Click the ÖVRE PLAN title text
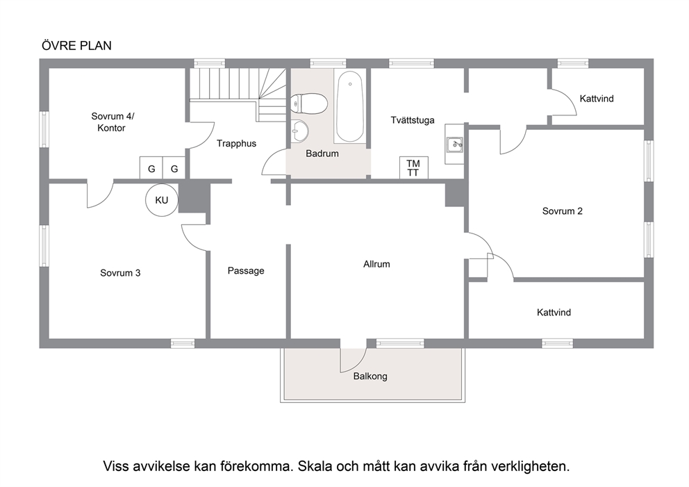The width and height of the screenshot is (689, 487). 76,46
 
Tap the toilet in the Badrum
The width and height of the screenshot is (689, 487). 309,104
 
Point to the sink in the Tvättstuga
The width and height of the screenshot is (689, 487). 454,145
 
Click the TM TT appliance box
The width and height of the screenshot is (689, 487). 413,167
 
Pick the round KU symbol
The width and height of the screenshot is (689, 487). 162,200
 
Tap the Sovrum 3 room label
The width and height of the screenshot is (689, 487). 120,273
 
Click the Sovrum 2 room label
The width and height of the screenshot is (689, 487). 563,211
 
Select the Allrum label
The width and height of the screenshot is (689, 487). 376,264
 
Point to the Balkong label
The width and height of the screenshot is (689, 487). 370,377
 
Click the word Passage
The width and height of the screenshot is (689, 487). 246,271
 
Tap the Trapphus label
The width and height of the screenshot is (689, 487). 236,143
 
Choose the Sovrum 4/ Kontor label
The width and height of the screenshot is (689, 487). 113,122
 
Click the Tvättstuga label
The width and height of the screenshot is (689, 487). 413,120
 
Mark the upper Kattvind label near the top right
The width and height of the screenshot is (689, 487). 597,99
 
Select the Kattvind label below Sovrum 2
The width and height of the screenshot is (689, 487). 554,313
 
